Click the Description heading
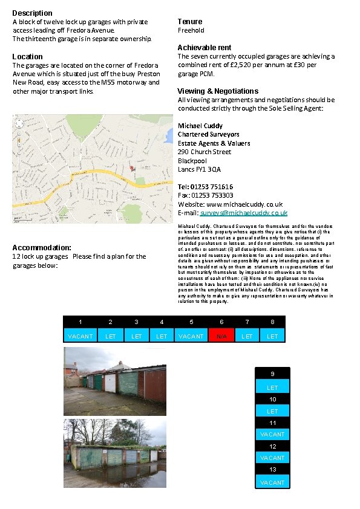click(32, 13)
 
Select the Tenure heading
click(190, 21)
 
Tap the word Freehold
click(191, 30)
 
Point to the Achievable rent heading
click(205, 47)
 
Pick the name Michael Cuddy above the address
click(200, 126)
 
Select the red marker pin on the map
click(132, 168)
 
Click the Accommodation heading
click(42, 248)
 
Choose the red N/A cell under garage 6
click(221, 336)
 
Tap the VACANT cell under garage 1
click(80, 336)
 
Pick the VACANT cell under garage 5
click(191, 336)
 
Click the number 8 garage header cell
click(272, 322)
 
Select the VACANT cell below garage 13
click(272, 482)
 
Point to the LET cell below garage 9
click(272, 387)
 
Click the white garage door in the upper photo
click(110, 383)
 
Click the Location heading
click(28, 56)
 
